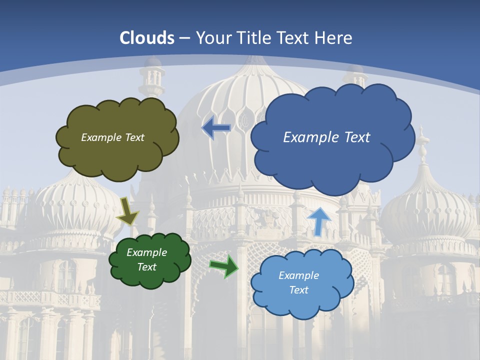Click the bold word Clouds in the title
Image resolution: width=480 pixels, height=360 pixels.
(x=147, y=38)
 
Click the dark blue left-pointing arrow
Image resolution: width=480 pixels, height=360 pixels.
(x=216, y=128)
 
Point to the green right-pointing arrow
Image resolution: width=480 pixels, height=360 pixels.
(x=223, y=265)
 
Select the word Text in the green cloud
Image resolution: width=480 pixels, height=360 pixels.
(x=147, y=267)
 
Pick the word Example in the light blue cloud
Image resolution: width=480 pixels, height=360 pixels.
(x=298, y=275)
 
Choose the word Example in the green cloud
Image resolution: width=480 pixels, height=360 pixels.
(x=147, y=252)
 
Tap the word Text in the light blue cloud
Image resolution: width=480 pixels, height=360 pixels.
(x=298, y=290)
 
